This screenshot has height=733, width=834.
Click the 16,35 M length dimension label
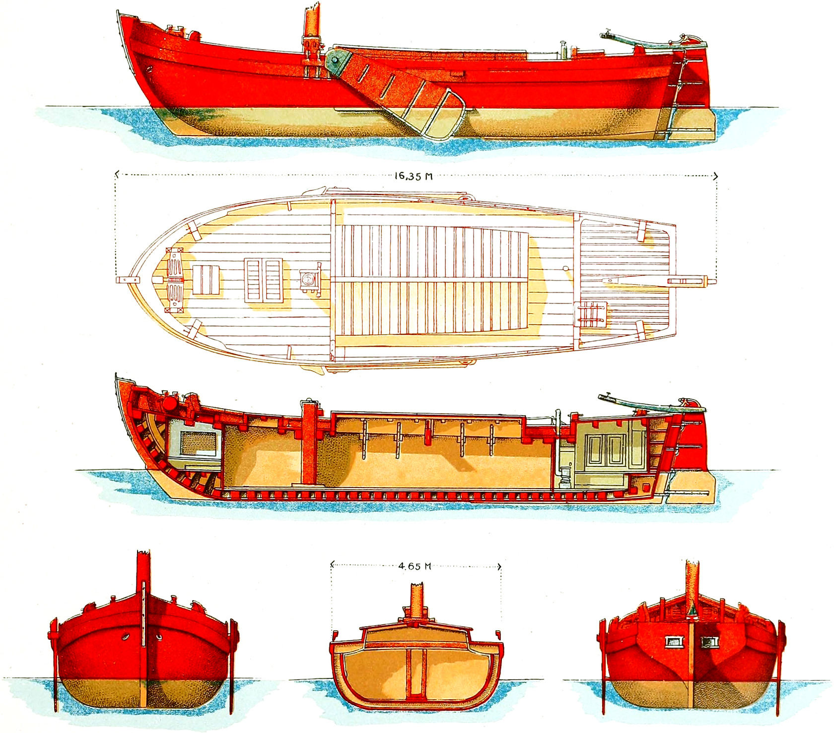[414, 176]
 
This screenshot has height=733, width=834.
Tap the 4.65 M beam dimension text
[415, 566]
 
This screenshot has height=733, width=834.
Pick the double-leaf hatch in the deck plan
[264, 281]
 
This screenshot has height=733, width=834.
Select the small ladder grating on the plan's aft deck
[592, 314]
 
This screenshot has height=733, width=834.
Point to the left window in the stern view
[674, 642]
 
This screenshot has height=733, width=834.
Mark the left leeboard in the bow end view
[54, 665]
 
